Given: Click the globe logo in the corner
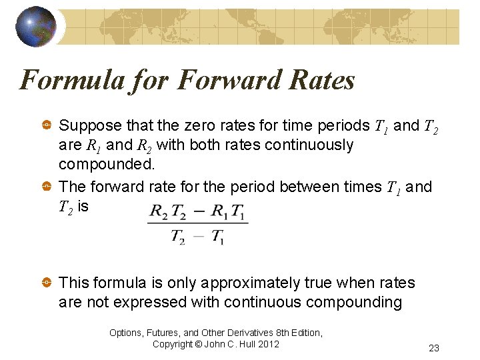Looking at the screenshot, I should pyautogui.click(x=35, y=27).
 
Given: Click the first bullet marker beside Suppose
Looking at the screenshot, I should pyautogui.click(x=47, y=125).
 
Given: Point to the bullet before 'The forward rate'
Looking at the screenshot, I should pyautogui.click(x=47, y=187).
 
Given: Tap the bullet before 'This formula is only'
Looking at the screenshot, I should pyautogui.click(x=47, y=283).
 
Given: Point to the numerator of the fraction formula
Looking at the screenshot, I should pyautogui.click(x=198, y=213).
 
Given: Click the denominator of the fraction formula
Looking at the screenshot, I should pyautogui.click(x=198, y=236).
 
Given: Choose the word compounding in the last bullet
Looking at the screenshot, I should pyautogui.click(x=353, y=303).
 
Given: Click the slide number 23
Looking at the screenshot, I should pyautogui.click(x=434, y=348).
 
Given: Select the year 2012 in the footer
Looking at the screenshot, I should pyautogui.click(x=268, y=344).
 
